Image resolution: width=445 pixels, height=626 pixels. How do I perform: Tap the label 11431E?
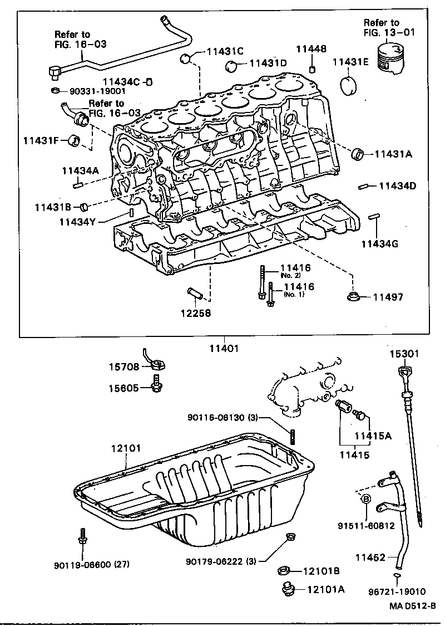point(350,62)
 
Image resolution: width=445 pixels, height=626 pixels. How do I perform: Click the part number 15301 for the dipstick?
point(404,353)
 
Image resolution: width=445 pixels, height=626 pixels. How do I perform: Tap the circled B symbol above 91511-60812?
point(367,500)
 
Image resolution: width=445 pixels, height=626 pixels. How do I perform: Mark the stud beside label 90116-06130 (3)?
point(291,434)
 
